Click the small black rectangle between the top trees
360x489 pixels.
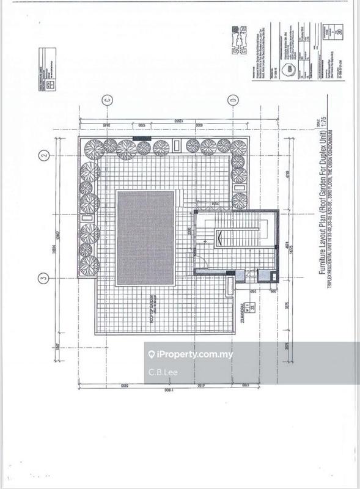coord(141,139)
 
